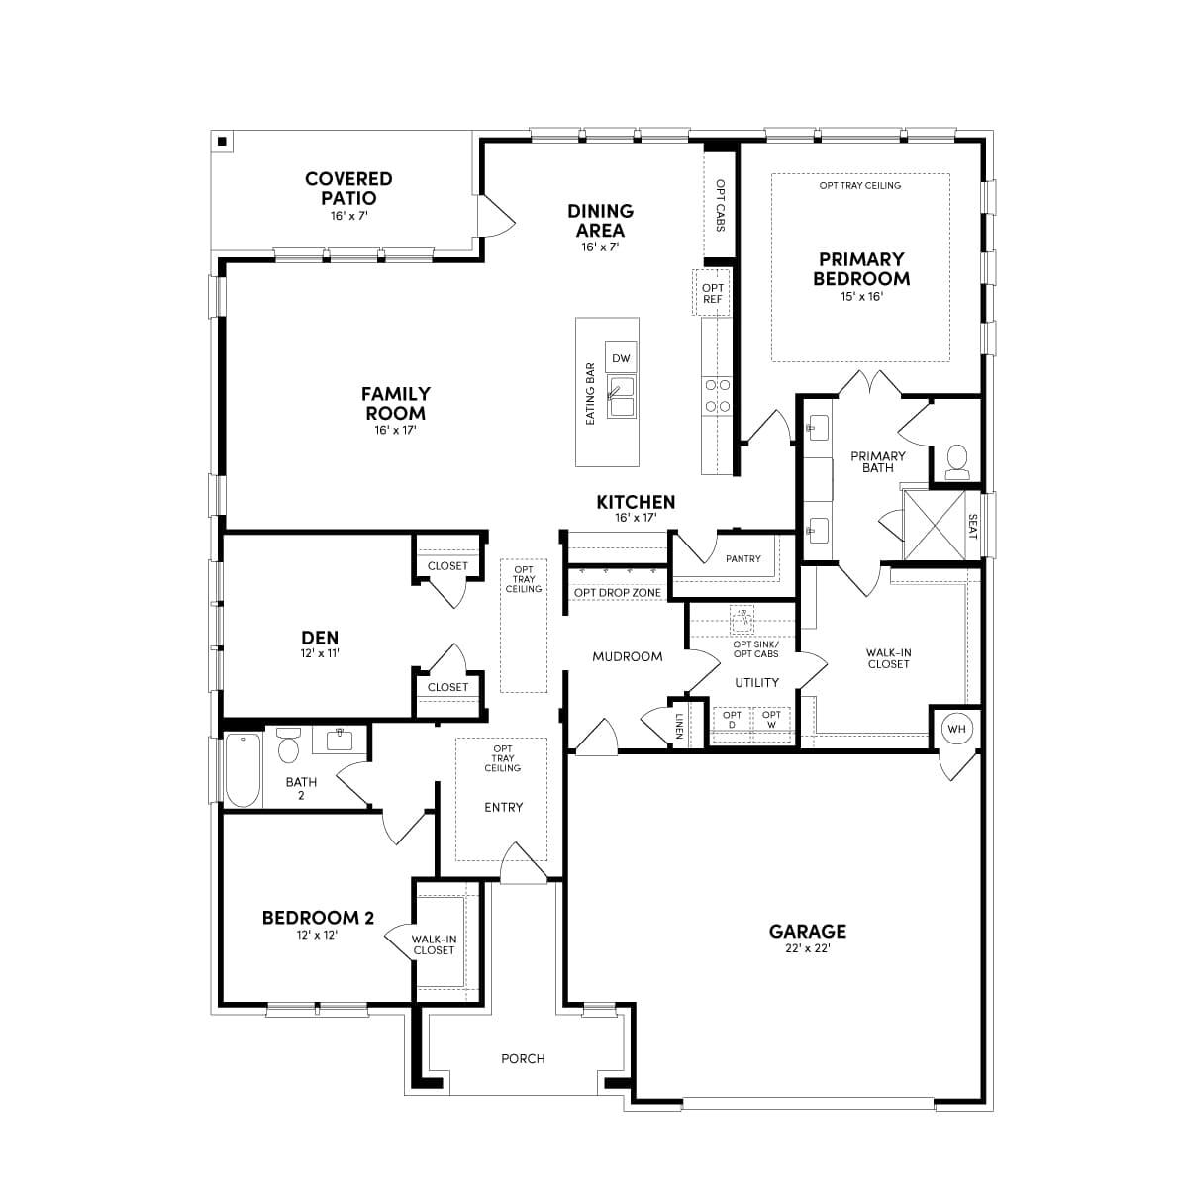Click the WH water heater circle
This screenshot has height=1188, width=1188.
click(x=956, y=729)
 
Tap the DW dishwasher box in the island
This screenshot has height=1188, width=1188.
click(x=621, y=358)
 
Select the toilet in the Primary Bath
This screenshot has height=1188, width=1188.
click(x=956, y=461)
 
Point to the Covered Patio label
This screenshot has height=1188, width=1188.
click(x=348, y=189)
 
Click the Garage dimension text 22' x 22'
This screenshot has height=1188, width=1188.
click(x=808, y=948)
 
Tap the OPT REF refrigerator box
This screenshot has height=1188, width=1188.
click(x=712, y=293)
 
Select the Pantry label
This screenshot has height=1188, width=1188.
click(x=742, y=559)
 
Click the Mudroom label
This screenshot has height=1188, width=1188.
click(x=628, y=656)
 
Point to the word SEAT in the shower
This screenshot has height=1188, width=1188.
click(x=972, y=527)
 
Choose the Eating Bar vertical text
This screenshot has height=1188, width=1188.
click(x=591, y=393)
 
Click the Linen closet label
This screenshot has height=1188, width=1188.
click(x=679, y=726)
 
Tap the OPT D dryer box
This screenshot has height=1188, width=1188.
click(x=732, y=720)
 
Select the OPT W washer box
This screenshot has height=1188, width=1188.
click(x=772, y=720)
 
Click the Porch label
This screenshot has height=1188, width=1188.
click(x=523, y=1058)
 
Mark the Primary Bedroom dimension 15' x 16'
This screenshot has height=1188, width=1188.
click(x=860, y=296)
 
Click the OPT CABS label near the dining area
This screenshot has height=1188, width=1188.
click(x=720, y=205)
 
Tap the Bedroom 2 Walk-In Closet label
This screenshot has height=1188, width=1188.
click(x=434, y=944)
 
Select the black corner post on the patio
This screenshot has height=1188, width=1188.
click(x=224, y=142)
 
